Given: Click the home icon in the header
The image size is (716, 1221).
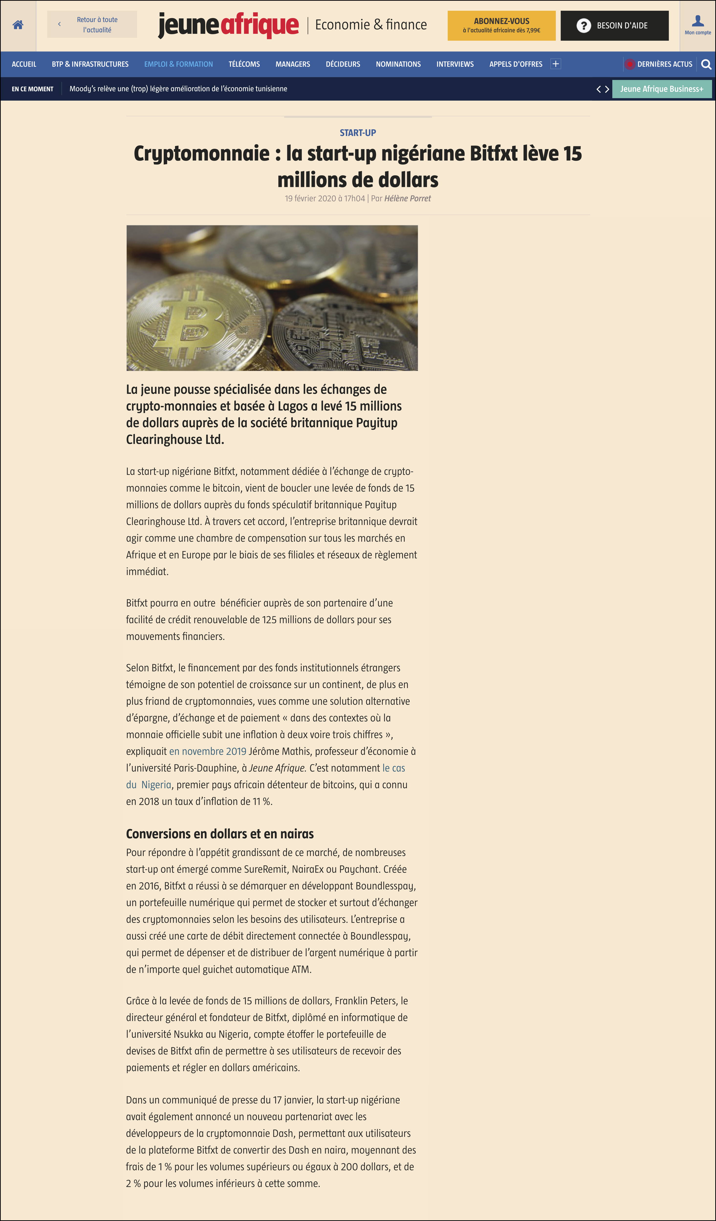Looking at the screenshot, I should pyautogui.click(x=18, y=25).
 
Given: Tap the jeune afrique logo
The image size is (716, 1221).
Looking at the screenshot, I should pyautogui.click(x=228, y=25).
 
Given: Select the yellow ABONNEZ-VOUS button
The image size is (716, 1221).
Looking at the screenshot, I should pyautogui.click(x=501, y=25).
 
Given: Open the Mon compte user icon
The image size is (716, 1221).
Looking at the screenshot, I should pyautogui.click(x=698, y=24).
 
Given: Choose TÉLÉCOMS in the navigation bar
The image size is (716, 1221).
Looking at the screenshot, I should pyautogui.click(x=244, y=64).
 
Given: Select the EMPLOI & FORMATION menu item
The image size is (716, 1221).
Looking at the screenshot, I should pyautogui.click(x=178, y=64).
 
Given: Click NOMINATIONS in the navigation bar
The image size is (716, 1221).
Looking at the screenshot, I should pyautogui.click(x=398, y=64).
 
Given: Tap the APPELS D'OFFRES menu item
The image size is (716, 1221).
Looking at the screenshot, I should pyautogui.click(x=515, y=64).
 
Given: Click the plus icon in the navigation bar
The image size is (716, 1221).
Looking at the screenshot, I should pyautogui.click(x=555, y=64).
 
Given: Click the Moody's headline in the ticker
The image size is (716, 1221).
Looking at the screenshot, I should pyautogui.click(x=178, y=89).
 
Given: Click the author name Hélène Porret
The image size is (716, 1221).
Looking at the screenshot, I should pyautogui.click(x=407, y=198).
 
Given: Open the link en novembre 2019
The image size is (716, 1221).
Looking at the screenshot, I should pyautogui.click(x=207, y=751).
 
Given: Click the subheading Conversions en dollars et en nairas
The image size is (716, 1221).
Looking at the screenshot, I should pyautogui.click(x=220, y=833).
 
